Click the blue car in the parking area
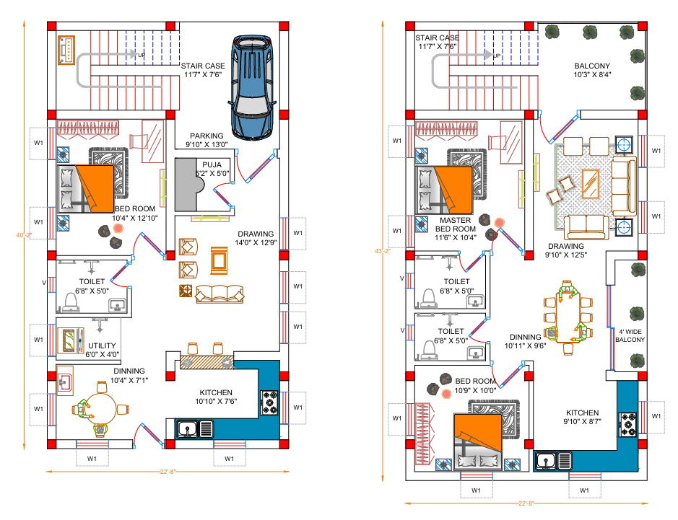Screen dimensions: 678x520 click(x=252, y=88)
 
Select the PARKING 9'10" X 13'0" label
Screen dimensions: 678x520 click(x=207, y=140)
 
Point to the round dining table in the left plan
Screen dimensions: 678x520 click(x=101, y=408)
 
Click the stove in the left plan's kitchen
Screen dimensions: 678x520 click(x=269, y=402)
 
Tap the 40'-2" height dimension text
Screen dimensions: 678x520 click(x=25, y=235)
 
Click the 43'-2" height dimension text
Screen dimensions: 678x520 click(x=383, y=250)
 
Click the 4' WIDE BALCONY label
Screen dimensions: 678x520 click(x=630, y=335)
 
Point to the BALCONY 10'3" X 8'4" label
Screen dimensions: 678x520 click(x=592, y=70)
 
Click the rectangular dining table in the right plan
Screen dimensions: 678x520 click(x=568, y=317)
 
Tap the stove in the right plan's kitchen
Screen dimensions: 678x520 click(x=628, y=425)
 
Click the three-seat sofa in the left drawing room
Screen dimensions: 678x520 click(x=220, y=294)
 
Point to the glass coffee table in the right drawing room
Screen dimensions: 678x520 click(x=590, y=184)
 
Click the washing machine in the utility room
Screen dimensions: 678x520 click(x=71, y=341)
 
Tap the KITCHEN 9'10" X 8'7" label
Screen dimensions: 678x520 click(x=583, y=417)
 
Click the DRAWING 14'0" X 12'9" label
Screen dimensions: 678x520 click(x=256, y=238)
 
